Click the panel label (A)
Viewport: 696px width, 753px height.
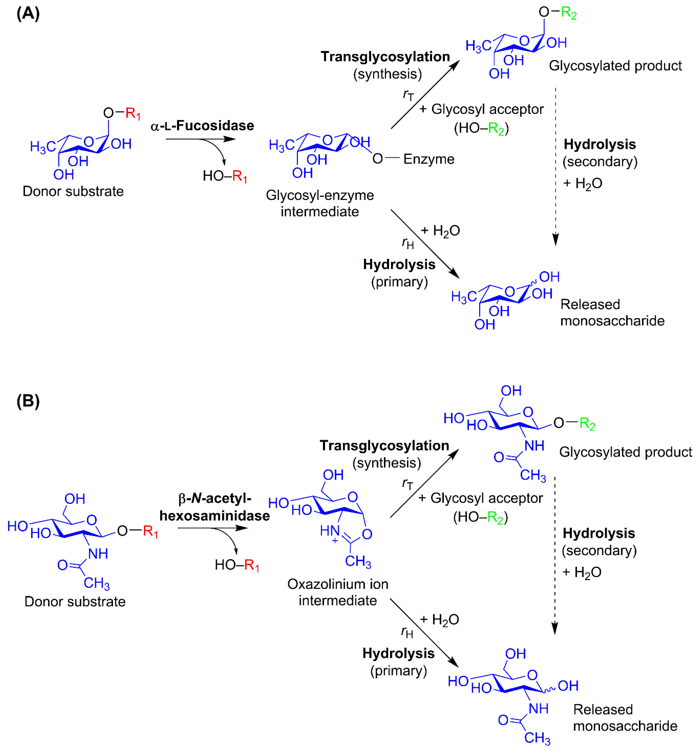coord(28,14)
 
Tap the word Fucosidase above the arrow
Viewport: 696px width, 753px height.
coord(215,126)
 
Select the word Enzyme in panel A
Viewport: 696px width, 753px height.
coord(429,159)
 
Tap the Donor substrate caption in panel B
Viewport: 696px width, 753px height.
coord(75,602)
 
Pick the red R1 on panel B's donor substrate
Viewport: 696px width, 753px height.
coord(150,531)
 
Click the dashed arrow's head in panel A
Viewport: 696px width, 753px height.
coord(556,240)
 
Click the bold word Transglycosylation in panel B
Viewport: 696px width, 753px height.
coord(384,445)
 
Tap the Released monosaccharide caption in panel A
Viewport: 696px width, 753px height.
coord(612,312)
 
